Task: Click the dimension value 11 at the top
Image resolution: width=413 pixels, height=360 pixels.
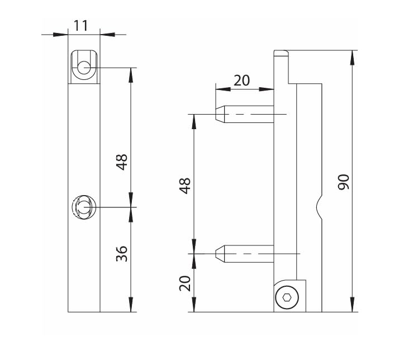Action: click(x=80, y=26)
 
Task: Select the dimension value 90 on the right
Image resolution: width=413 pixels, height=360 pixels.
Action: click(x=344, y=182)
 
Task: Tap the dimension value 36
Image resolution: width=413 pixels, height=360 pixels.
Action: click(x=122, y=254)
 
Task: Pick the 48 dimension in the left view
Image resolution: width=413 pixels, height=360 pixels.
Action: click(x=122, y=162)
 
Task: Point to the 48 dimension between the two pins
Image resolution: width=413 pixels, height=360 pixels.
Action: click(x=185, y=186)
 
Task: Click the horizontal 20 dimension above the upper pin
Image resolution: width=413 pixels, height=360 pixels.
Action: click(x=241, y=80)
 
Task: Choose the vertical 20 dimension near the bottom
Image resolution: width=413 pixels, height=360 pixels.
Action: click(x=185, y=283)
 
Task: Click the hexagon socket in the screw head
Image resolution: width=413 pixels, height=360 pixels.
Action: click(x=287, y=297)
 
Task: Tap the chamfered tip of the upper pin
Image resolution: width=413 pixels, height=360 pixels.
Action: click(x=220, y=114)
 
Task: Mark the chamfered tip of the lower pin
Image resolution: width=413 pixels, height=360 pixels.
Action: click(x=220, y=254)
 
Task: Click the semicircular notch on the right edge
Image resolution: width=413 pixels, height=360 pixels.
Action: click(x=319, y=208)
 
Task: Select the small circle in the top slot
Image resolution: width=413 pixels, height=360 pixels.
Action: click(x=84, y=68)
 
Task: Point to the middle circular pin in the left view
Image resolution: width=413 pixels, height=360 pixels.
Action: click(x=84, y=207)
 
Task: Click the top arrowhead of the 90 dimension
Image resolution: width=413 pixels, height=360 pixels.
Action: click(x=352, y=57)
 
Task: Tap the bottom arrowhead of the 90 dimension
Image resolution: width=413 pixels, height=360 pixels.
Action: click(x=352, y=305)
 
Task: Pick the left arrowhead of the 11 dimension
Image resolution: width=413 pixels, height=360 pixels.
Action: click(x=60, y=35)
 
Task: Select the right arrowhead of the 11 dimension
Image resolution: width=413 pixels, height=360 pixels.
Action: click(x=107, y=35)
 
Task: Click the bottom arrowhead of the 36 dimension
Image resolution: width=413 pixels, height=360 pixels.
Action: click(x=131, y=305)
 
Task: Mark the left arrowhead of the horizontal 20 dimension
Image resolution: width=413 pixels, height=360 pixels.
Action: click(x=223, y=89)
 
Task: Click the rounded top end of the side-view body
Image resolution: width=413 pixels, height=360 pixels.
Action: click(x=281, y=53)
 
